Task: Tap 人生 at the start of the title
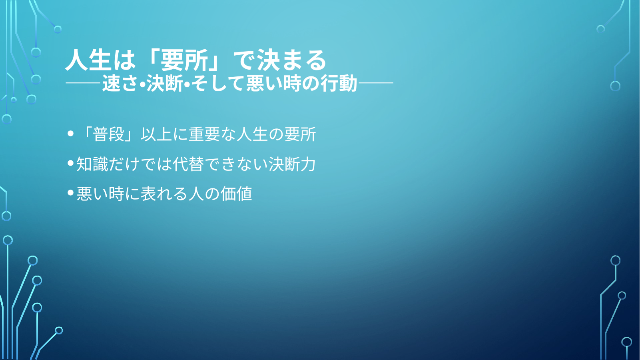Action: coord(88,60)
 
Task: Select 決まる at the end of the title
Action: coord(292,60)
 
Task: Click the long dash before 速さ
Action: coord(84,83)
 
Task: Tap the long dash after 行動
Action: coord(375,83)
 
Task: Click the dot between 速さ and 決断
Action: coord(142,84)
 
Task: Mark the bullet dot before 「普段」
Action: coord(70,134)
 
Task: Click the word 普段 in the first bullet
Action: coord(109,134)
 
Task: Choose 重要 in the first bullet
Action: coord(204,134)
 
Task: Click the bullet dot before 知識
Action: coord(70,163)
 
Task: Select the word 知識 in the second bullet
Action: coord(92,164)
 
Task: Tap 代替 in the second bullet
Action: coord(188,164)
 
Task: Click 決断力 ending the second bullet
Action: coord(292,164)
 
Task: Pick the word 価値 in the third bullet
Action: coord(236,194)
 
